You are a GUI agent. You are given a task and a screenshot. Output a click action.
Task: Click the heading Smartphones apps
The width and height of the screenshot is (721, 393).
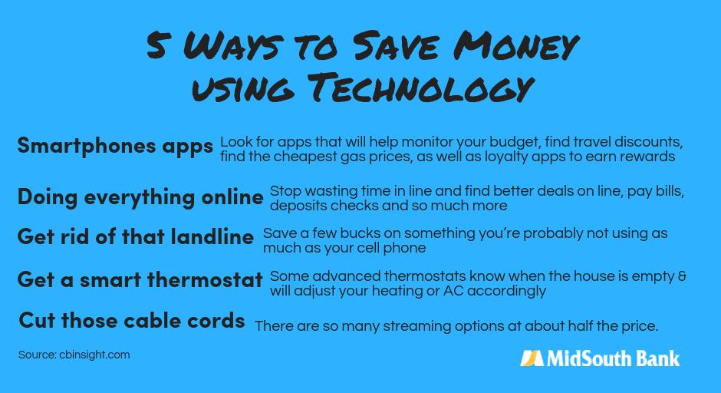[x=115, y=146]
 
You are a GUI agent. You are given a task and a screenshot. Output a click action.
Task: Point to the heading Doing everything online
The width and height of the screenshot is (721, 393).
[x=140, y=196]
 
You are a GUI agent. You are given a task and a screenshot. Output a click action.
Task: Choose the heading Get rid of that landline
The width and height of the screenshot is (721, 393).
[x=135, y=236]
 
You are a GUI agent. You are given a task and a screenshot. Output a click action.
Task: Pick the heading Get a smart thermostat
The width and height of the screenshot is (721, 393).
[x=140, y=279]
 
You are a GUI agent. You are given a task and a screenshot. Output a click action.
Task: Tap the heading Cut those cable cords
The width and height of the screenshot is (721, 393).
[x=132, y=320]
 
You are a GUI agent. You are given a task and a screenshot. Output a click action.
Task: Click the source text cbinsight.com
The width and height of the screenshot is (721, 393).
[x=94, y=355]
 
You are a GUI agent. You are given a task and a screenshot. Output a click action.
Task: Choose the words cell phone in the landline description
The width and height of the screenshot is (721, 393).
[x=393, y=248]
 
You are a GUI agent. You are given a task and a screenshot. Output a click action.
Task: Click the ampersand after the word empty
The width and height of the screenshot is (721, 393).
[x=682, y=276]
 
